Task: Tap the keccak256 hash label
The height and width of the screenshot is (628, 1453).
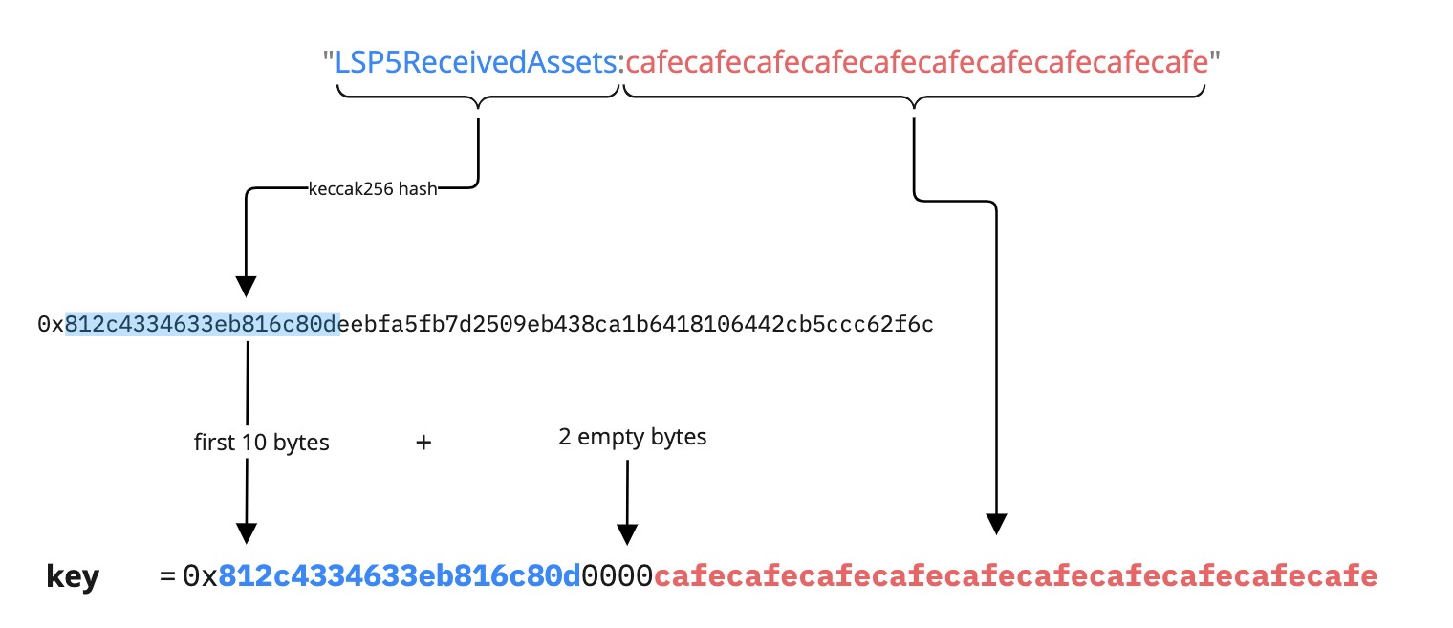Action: [x=373, y=189]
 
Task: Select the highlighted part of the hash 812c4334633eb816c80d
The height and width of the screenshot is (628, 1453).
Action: [x=202, y=325]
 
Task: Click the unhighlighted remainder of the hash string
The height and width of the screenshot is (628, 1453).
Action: [x=637, y=325]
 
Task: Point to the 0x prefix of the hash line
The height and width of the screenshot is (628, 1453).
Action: [x=51, y=325]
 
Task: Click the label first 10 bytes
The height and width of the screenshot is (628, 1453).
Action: [x=261, y=443]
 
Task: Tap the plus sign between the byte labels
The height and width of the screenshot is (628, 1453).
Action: [x=423, y=443]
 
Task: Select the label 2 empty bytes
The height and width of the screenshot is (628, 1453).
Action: [x=633, y=438]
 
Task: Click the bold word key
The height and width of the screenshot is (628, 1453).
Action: [x=73, y=576]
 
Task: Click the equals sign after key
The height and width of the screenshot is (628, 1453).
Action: [x=168, y=576]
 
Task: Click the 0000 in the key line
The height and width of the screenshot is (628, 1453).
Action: [x=618, y=576]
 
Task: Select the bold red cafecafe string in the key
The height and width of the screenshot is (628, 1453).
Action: [x=1015, y=576]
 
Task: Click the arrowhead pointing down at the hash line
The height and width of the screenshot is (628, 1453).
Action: [x=247, y=286]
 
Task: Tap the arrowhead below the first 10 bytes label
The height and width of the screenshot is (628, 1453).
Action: [x=247, y=532]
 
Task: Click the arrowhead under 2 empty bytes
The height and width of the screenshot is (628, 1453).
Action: [x=627, y=532]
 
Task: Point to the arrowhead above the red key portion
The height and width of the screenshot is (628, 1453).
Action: [x=997, y=523]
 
